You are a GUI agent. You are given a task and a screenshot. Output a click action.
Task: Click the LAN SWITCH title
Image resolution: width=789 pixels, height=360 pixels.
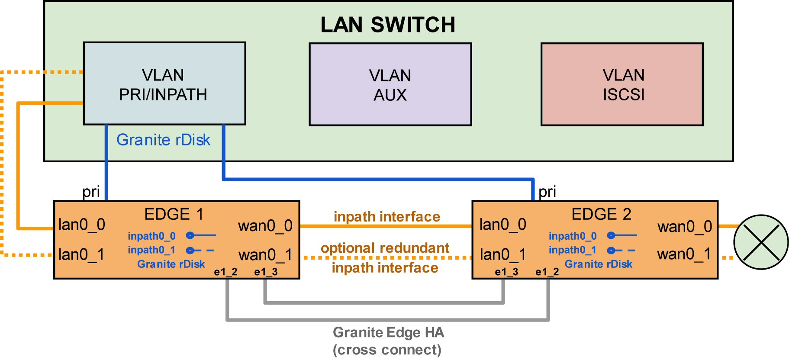(x=388, y=25)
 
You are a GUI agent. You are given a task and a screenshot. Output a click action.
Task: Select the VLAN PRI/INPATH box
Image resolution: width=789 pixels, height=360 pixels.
(x=164, y=84)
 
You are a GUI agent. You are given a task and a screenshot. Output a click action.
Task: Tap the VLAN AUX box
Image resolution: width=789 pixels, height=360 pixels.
(x=390, y=84)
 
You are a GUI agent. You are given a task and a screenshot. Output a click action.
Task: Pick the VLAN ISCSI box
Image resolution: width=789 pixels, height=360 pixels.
(x=622, y=84)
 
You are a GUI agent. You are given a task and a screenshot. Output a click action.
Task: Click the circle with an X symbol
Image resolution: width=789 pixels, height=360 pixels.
(x=761, y=242)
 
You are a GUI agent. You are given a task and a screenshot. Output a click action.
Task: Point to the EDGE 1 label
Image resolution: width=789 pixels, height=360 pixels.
(x=174, y=214)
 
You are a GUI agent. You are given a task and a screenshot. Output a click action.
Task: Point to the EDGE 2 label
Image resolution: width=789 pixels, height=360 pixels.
(x=601, y=214)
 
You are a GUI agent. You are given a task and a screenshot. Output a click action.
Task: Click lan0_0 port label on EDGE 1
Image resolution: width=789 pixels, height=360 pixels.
(x=82, y=225)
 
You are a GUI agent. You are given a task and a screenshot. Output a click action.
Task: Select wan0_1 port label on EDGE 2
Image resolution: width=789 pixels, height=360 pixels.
(x=684, y=254)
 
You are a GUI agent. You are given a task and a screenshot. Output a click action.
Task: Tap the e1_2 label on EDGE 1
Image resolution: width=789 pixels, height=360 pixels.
(x=225, y=272)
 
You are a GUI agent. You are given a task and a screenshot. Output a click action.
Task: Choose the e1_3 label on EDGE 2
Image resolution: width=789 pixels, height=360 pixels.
(x=506, y=272)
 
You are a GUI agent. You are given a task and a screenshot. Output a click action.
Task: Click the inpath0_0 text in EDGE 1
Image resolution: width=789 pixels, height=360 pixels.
(x=151, y=236)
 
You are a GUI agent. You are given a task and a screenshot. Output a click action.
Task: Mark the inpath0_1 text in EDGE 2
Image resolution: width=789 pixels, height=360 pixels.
(x=572, y=250)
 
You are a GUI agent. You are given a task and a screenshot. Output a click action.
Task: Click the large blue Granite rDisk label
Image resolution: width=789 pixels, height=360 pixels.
(x=163, y=140)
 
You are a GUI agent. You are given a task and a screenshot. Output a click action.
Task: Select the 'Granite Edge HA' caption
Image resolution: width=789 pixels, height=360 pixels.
(x=388, y=332)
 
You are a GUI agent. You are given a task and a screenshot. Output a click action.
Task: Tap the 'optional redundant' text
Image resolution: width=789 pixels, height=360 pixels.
(x=385, y=248)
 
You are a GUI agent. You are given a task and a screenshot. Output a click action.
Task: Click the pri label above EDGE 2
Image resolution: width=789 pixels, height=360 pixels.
(x=547, y=192)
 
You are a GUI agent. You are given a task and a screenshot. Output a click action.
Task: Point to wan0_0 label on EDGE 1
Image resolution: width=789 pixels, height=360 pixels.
(x=265, y=225)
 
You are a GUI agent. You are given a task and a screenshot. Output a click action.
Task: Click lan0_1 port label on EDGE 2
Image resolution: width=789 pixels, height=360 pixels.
(x=503, y=254)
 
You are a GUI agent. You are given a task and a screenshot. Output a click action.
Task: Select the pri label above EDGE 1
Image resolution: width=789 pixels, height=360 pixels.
(x=91, y=192)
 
